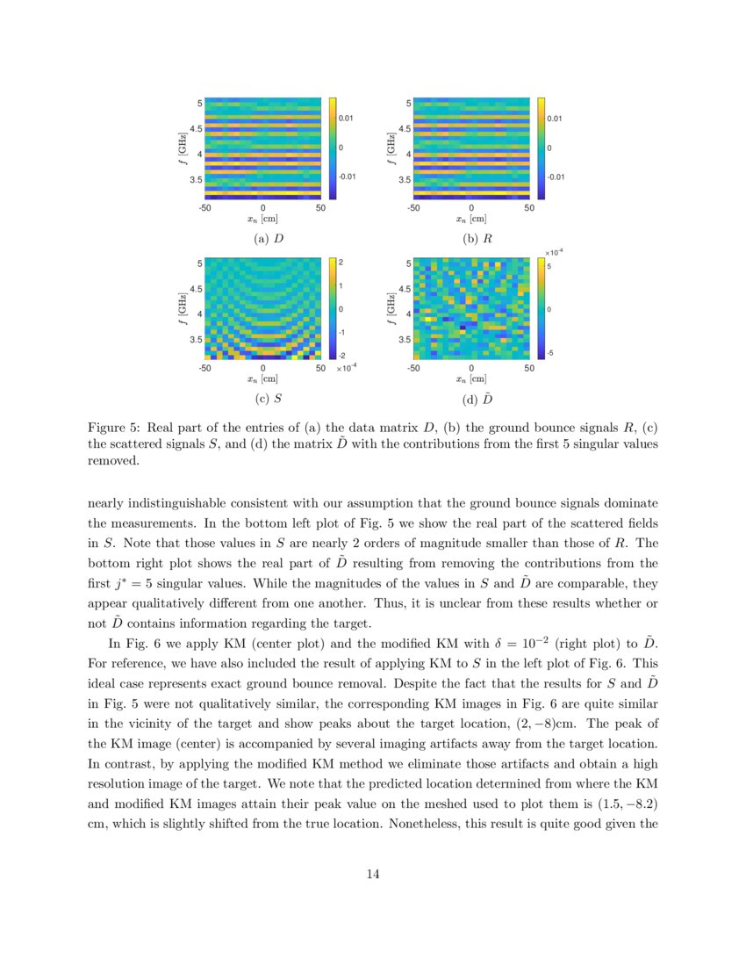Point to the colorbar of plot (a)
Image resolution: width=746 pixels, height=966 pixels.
pyautogui.click(x=333, y=148)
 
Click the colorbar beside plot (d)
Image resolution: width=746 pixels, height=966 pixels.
pyautogui.click(x=541, y=308)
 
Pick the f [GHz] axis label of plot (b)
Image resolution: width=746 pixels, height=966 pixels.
pyautogui.click(x=391, y=148)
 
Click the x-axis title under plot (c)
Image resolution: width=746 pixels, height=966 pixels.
pyautogui.click(x=263, y=379)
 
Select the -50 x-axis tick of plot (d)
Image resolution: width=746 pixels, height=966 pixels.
pyautogui.click(x=412, y=368)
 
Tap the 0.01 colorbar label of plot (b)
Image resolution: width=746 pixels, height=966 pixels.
pyautogui.click(x=555, y=117)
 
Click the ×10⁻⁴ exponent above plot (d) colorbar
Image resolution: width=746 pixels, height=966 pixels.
pyautogui.click(x=554, y=251)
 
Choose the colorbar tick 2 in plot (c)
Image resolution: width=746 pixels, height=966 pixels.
pyautogui.click(x=340, y=263)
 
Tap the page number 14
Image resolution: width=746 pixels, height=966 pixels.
pyautogui.click(x=373, y=873)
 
